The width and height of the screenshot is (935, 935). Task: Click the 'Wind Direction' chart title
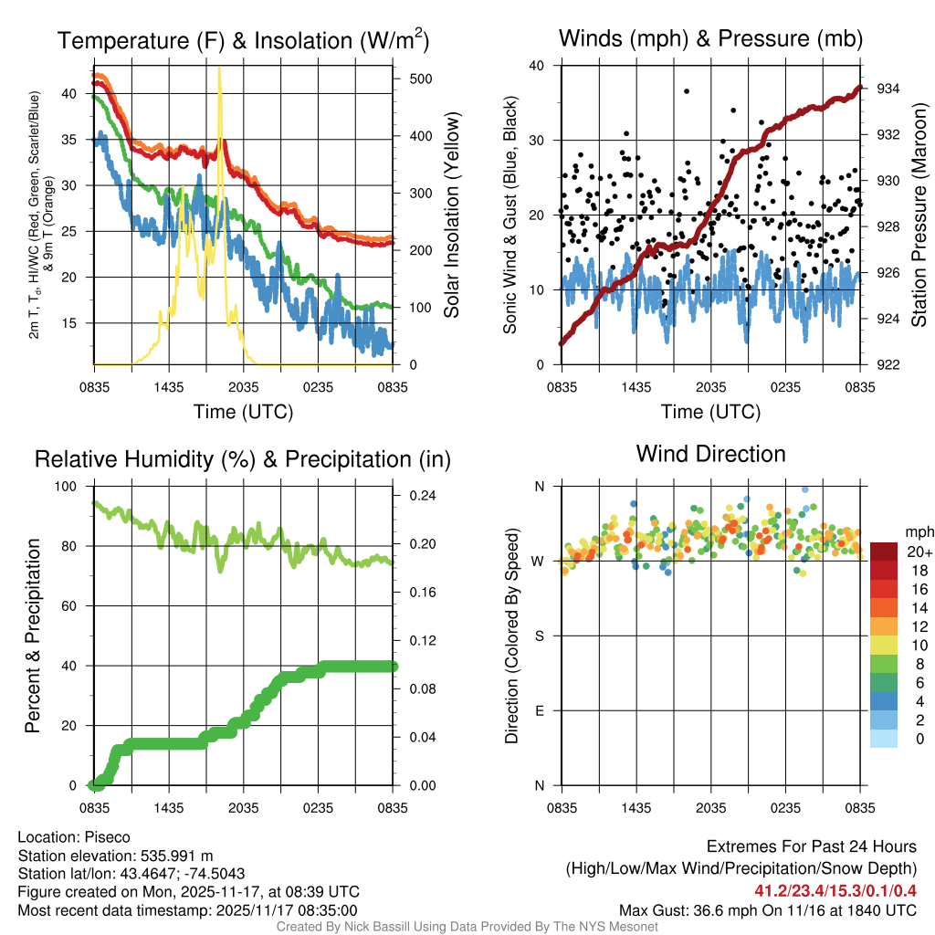click(x=710, y=454)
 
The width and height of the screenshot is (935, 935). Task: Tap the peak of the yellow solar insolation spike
click(x=219, y=68)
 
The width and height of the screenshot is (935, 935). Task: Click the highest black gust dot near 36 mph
click(x=687, y=90)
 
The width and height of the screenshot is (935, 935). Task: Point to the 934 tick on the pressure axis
click(x=877, y=89)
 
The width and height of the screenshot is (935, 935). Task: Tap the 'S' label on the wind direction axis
click(x=539, y=636)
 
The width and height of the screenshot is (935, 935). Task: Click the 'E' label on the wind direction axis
click(x=539, y=710)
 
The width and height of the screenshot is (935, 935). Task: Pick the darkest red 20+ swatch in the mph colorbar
click(x=884, y=552)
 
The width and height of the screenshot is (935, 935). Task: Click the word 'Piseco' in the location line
click(x=107, y=837)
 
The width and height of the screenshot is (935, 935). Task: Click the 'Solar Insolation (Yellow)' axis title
click(x=452, y=215)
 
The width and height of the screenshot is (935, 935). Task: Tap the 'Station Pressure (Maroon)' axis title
click(x=919, y=215)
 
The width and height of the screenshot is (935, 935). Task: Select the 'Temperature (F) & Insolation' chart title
click(x=242, y=40)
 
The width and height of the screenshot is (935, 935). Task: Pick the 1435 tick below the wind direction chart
click(x=636, y=808)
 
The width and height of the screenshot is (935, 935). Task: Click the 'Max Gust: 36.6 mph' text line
click(x=767, y=910)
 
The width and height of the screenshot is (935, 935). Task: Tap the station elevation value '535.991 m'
click(x=176, y=856)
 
